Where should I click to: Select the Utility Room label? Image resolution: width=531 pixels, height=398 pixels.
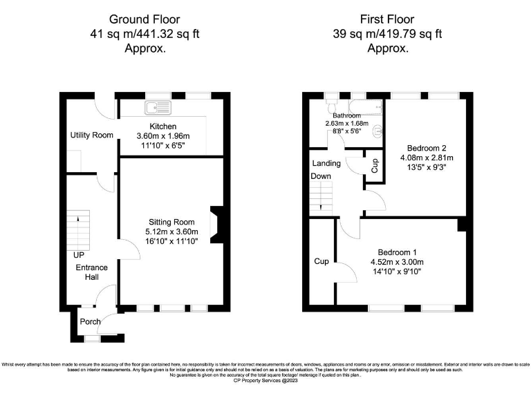pos(91,135)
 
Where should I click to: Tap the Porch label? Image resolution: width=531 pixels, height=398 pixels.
pos(90,321)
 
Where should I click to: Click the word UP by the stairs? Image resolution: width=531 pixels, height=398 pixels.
pos(79,255)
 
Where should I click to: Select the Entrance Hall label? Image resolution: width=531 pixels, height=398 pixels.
pos(87,272)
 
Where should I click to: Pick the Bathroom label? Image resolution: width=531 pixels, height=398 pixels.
pos(346,115)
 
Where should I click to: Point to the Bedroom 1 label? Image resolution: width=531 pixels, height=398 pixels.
pos(401,252)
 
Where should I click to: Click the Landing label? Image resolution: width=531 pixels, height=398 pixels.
pos(326,164)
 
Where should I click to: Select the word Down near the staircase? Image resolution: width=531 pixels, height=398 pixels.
pos(320,177)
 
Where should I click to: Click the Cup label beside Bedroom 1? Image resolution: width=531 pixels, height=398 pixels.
pos(322,262)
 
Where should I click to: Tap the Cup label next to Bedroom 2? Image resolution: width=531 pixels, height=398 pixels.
pos(375,165)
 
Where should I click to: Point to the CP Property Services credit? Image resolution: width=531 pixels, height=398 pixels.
pos(265,380)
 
